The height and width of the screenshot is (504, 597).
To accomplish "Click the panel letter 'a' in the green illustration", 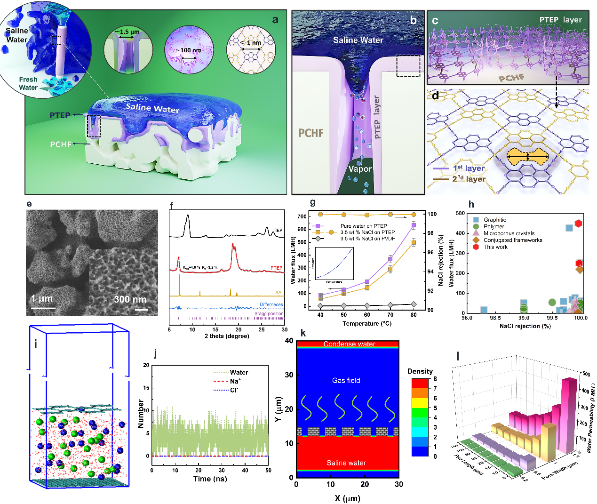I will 275,19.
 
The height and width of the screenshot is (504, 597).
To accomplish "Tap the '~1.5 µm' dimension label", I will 128,32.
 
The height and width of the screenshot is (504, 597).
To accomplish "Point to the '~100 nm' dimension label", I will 189,50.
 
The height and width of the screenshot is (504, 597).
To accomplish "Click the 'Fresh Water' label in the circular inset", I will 28,83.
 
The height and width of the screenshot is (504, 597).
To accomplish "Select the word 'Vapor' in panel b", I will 360,169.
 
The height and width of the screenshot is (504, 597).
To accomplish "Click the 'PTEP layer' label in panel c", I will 560,20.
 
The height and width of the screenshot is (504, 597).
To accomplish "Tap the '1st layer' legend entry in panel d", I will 469,168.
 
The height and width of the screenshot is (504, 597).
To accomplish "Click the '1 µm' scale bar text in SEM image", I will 42,298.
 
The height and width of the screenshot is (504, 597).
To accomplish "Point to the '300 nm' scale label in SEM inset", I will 130,299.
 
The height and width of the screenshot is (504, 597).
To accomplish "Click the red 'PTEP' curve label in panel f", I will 277,268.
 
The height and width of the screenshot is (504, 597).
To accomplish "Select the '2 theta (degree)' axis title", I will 227,336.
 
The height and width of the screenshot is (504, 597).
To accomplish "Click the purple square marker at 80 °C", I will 414,225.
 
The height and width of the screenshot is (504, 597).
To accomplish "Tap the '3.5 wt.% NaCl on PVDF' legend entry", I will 367,239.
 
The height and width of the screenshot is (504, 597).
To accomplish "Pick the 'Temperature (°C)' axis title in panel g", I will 367,324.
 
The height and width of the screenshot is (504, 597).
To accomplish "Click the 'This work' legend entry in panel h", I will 495,247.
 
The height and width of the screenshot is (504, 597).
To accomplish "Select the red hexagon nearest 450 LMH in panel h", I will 579,224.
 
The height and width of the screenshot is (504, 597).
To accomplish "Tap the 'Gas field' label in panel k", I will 346,380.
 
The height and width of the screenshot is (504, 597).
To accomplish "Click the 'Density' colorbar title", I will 420,371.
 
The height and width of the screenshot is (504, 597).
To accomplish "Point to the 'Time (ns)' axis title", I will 210,479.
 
